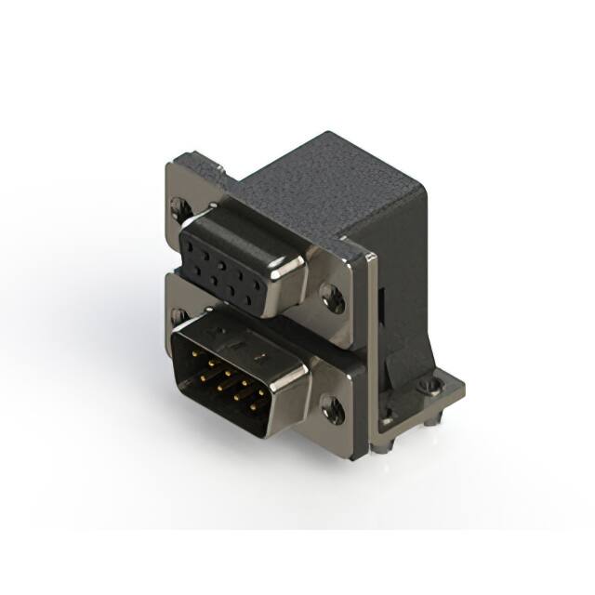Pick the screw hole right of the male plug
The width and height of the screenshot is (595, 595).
331,406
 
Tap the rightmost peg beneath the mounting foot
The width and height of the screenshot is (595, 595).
433,420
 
